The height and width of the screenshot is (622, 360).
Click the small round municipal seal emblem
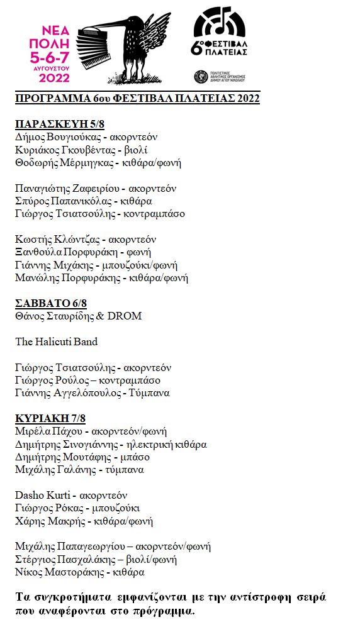pos(201,77)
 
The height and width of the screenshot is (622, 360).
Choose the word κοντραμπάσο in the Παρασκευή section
pos(154,213)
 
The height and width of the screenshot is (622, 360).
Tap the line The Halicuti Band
pos(57,342)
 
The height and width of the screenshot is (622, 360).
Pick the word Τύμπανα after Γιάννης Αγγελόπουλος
pos(149,393)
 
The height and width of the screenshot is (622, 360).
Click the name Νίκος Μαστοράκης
pos(56,572)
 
